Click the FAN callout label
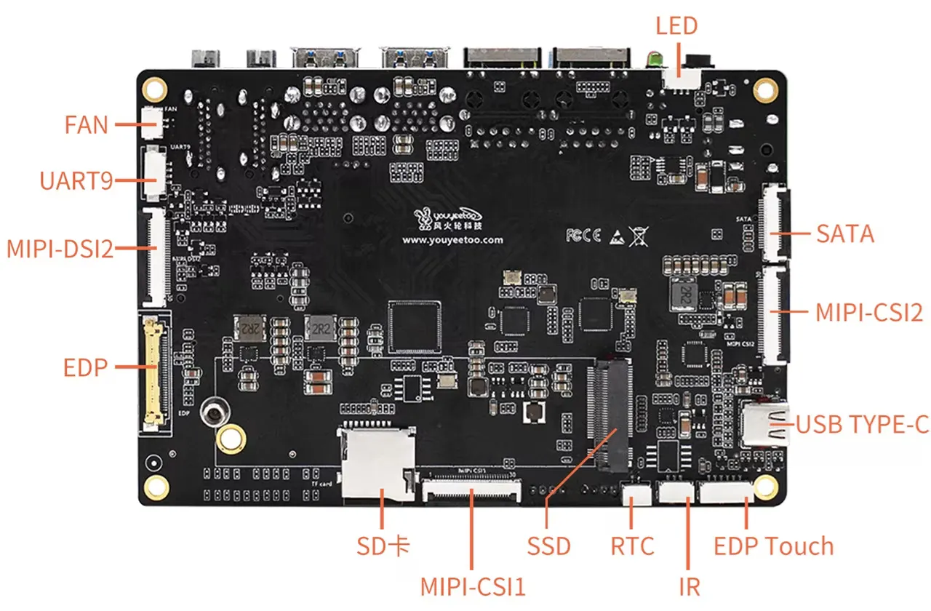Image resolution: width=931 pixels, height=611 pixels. pos(86,124)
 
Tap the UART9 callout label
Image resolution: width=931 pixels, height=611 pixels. pos(76,180)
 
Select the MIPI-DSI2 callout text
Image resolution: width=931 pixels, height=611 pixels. pos(60,249)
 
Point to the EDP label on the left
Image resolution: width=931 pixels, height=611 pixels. pos(85,367)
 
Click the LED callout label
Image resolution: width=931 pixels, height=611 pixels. pos(676,26)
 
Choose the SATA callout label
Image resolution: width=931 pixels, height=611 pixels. pos(845,233)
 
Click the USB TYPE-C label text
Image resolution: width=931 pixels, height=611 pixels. pos(863,424)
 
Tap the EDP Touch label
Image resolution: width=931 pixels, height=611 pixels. pos(773,546)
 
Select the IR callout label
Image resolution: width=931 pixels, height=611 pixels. pos(689,586)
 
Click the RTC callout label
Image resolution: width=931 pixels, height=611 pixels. pos(632,546)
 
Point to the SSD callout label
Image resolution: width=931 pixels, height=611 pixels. pos(548,546)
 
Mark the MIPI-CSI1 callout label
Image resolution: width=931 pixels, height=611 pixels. pos(473,586)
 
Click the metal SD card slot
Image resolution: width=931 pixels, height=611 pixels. pos(377,464)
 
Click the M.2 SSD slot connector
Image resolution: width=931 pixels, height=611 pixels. pos(610,413)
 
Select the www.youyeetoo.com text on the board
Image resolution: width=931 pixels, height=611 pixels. pos(452,239)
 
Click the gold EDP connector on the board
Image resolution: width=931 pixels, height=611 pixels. pos(153,371)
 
